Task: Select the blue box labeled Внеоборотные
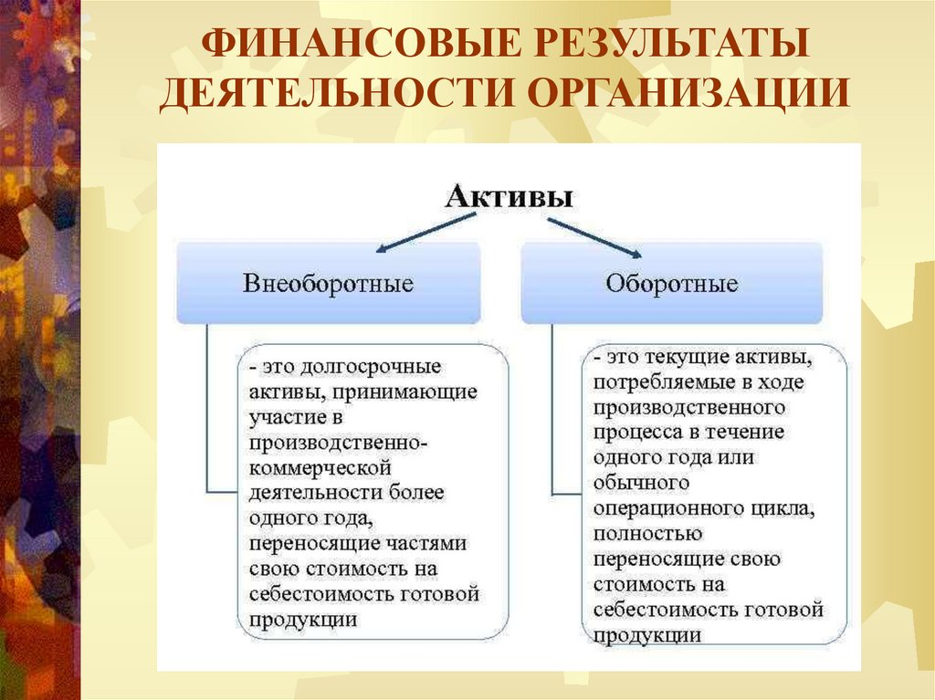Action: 328,283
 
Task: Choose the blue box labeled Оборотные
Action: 671,283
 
